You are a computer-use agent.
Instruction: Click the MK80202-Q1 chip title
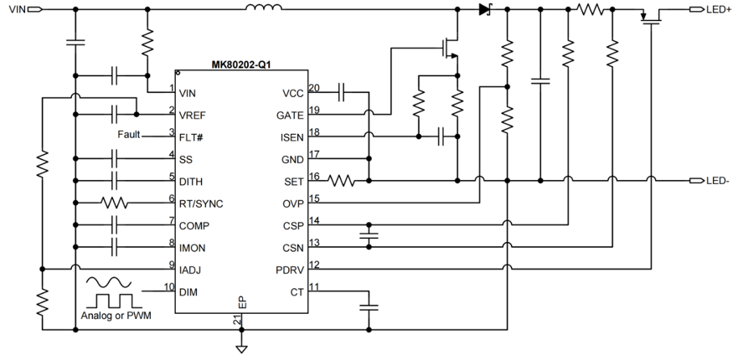click(241, 64)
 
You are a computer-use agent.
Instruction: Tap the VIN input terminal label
click(16, 9)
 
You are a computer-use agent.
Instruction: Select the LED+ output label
click(717, 9)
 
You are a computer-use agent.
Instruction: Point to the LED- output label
click(717, 181)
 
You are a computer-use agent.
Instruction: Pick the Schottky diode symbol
click(484, 9)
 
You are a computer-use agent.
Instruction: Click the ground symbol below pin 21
click(241, 347)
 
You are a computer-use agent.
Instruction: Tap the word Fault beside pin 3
click(130, 135)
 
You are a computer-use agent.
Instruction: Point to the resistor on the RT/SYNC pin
click(114, 203)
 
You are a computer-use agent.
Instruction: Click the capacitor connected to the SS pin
click(117, 157)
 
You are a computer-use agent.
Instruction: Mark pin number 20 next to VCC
click(314, 88)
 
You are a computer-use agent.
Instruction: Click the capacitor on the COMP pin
click(117, 225)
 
